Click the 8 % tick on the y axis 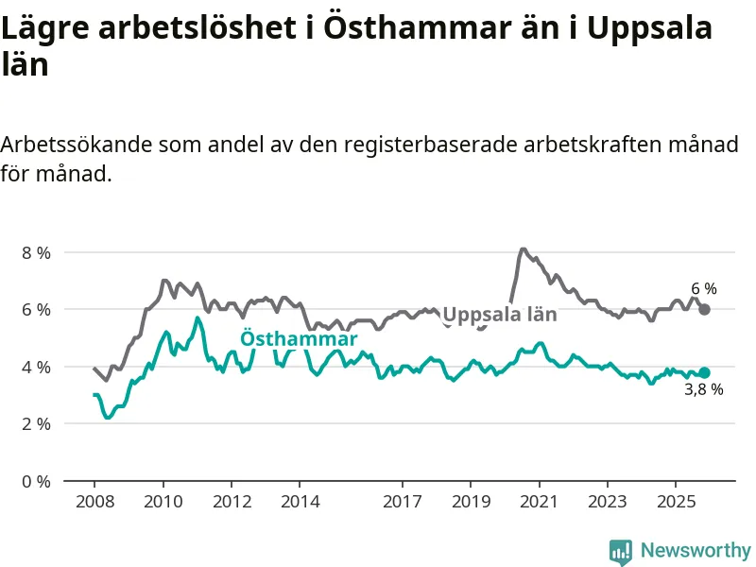(x=36, y=252)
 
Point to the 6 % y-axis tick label (x=36, y=309)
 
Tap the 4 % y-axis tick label (x=36, y=367)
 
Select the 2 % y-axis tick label (x=36, y=423)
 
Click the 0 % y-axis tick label (x=36, y=481)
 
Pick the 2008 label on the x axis (x=94, y=500)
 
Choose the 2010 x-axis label (x=163, y=500)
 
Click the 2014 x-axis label (x=300, y=500)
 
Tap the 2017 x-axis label (x=403, y=500)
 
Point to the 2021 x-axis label (x=539, y=500)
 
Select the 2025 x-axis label (x=676, y=500)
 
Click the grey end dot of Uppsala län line (x=704, y=309)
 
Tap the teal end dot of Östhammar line (x=704, y=372)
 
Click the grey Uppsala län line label (x=500, y=316)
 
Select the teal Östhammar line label (x=299, y=339)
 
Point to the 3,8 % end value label (x=704, y=389)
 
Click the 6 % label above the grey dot (x=704, y=289)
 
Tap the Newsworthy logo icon (x=621, y=551)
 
